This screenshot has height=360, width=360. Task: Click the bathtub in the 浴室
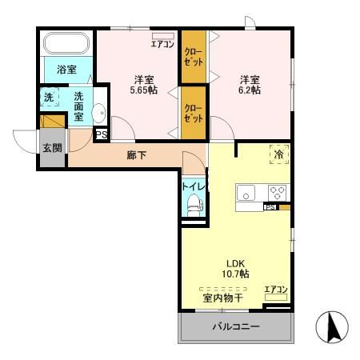click(x=66, y=43)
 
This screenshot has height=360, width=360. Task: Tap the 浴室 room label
click(x=66, y=70)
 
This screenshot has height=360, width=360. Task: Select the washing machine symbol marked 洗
click(x=50, y=97)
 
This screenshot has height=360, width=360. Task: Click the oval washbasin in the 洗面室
click(x=99, y=113)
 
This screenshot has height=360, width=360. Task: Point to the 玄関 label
click(x=53, y=148)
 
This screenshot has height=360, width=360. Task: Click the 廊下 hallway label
click(x=136, y=155)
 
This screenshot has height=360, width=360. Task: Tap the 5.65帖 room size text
click(x=143, y=90)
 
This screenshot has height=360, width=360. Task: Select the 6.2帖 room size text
click(x=250, y=90)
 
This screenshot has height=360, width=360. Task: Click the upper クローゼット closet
click(x=194, y=57)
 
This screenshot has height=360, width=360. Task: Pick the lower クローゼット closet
click(x=194, y=113)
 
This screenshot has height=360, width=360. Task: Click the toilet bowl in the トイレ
click(x=194, y=205)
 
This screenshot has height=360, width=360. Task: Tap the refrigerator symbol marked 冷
click(x=279, y=154)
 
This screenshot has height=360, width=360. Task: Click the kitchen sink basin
click(x=246, y=193)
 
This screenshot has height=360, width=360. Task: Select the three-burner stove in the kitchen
click(x=278, y=193)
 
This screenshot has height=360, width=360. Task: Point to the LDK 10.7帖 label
click(x=235, y=269)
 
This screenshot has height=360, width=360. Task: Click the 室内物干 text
click(x=222, y=298)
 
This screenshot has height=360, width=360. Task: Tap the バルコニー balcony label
click(x=236, y=326)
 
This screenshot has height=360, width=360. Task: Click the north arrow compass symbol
click(x=332, y=327)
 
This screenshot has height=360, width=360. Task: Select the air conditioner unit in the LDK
click(x=276, y=298)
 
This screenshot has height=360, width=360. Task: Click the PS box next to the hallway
click(x=102, y=134)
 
